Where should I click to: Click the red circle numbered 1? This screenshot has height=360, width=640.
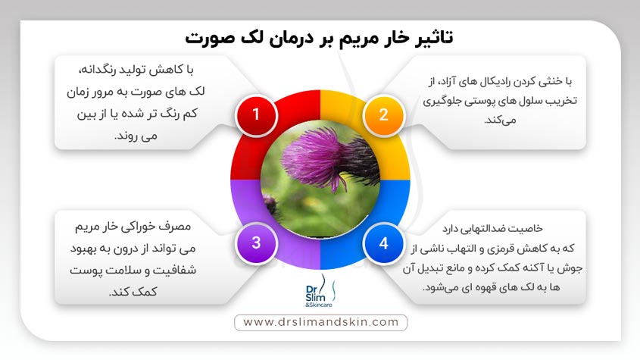[x=256, y=114]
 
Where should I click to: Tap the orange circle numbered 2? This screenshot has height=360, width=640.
[x=383, y=114]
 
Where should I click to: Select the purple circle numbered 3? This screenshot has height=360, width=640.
[x=256, y=243]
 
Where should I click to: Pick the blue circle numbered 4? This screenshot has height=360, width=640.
[x=383, y=243]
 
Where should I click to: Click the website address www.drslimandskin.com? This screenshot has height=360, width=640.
[x=320, y=322]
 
